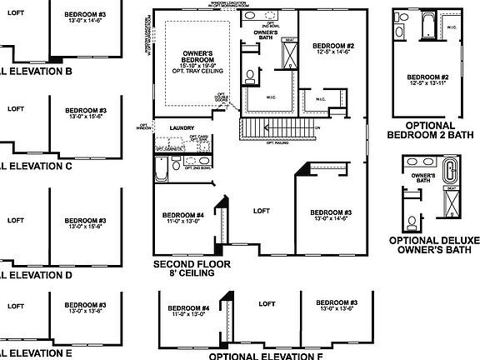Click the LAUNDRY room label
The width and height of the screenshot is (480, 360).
tap(181, 127)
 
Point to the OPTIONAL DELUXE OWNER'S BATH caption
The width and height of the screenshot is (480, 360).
tap(434, 245)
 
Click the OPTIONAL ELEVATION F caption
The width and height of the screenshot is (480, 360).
tap(266, 355)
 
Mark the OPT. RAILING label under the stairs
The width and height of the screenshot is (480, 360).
tap(277, 142)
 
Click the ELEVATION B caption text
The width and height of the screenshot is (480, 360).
tap(37, 71)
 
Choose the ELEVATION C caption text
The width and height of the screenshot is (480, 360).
tap(37, 165)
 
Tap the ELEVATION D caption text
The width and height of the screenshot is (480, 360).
tap(37, 274)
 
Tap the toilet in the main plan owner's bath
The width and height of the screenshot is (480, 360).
tap(251, 75)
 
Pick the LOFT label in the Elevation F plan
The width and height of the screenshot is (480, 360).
tap(267, 304)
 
